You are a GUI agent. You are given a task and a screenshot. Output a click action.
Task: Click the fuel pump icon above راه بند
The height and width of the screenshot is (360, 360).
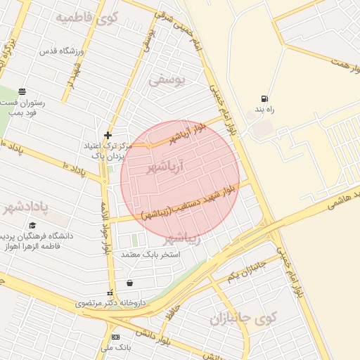coord(264,98)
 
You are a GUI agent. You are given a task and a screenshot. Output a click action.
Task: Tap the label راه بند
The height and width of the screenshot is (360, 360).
coord(264,111)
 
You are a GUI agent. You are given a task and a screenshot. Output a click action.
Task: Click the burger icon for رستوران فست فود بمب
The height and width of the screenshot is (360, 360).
coord(22,91)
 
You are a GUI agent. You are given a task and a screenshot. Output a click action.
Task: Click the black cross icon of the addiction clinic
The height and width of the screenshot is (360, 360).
coord(107,135)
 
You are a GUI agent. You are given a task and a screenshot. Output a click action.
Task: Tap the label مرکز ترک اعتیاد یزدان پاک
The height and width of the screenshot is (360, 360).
coord(105,150)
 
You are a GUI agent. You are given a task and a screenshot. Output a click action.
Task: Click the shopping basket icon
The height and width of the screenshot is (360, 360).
coord(129,283)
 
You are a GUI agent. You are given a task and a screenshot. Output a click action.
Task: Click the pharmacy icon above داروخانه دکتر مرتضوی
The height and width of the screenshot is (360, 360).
coord(108,292)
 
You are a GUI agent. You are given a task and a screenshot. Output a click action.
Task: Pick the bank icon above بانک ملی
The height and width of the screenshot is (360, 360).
coord(115,337)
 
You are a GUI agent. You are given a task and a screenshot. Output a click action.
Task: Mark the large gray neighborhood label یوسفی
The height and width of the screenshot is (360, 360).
coord(166,81)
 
